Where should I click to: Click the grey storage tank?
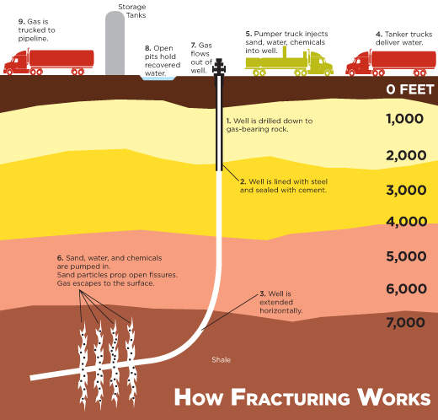coord(115,43)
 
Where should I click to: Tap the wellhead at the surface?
coord(219,67)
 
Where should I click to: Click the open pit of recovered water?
coord(158,78)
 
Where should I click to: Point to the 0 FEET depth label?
coord(410,89)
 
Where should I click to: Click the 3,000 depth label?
coord(406,190)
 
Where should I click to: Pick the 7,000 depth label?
coord(405,322)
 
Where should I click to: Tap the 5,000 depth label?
coord(406,256)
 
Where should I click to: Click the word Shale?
coord(222,360)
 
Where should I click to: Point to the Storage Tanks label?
coord(132,11)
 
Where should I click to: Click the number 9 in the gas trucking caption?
coord(20,22)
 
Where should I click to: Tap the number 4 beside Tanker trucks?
coord(378,35)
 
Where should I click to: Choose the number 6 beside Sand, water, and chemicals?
coord(60,258)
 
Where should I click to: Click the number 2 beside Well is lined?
coord(243,181)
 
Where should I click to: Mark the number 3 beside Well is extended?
coord(262,293)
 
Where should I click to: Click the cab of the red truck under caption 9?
coord(16,63)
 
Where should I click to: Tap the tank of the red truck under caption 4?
coord(403,60)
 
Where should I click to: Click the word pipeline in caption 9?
coord(33,39)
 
